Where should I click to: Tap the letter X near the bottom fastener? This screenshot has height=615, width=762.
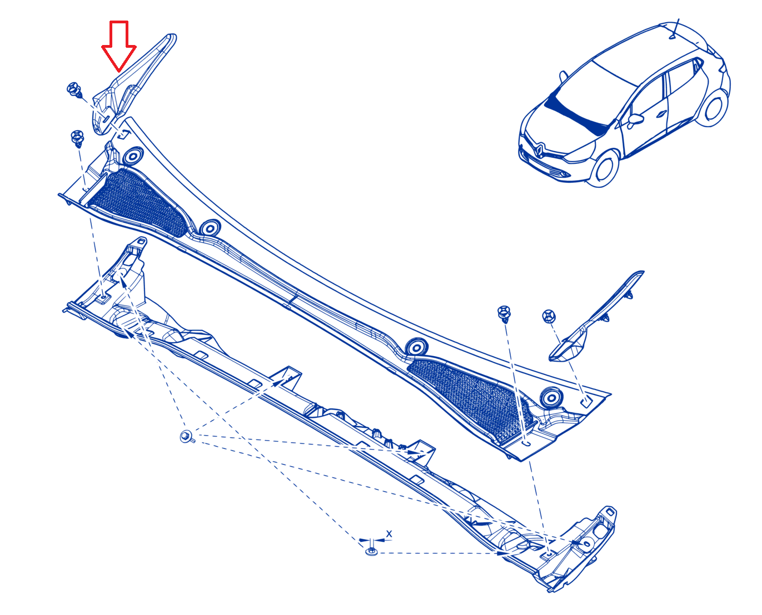(389, 534)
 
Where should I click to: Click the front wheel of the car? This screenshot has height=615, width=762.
(603, 168)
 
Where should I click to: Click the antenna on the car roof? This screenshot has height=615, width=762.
(674, 28)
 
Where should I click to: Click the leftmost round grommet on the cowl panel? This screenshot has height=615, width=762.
(133, 156)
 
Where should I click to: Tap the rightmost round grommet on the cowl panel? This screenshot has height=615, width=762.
(551, 397)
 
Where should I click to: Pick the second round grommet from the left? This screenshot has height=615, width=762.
(210, 227)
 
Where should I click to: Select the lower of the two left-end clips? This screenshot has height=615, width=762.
(78, 138)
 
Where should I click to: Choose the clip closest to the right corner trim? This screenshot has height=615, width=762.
(549, 316)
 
